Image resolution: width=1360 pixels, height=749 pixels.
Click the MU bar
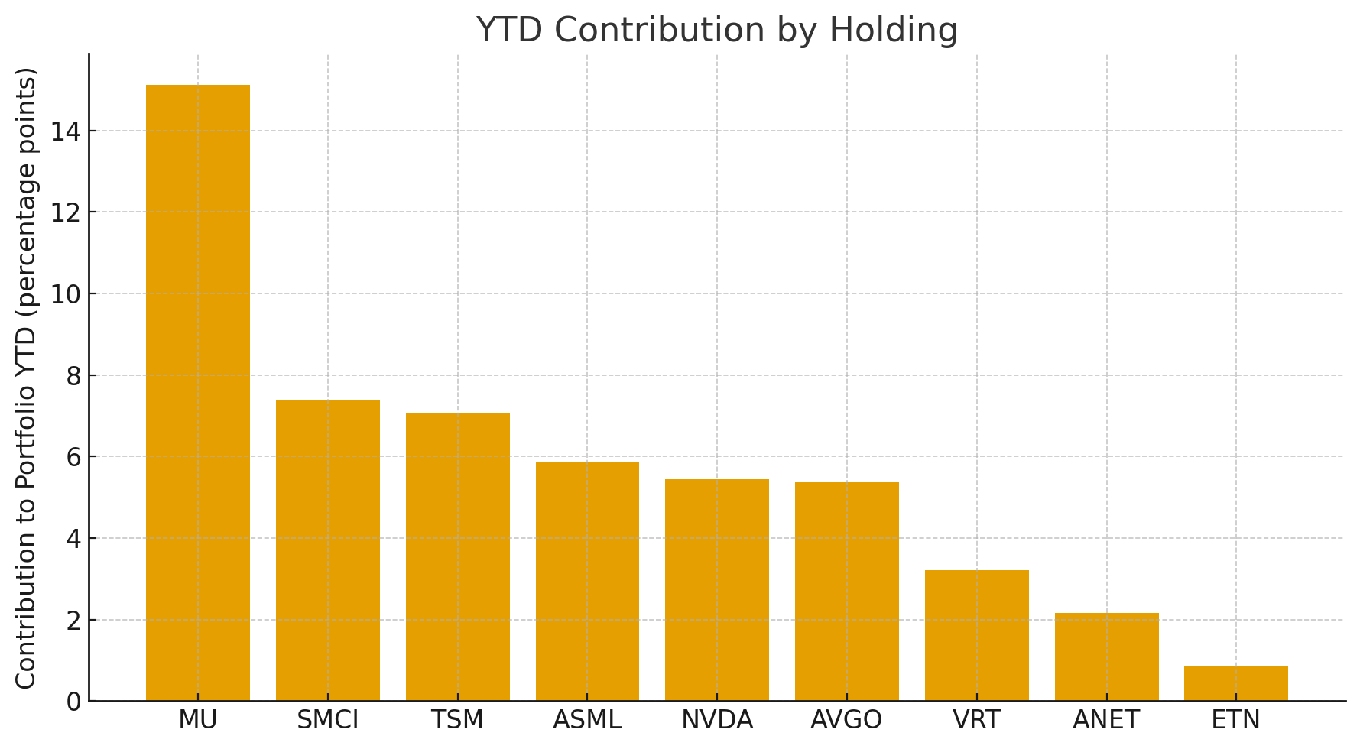pyautogui.click(x=198, y=393)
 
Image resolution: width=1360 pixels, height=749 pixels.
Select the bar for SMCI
pyautogui.click(x=328, y=550)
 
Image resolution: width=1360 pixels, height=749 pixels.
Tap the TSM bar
pyautogui.click(x=457, y=557)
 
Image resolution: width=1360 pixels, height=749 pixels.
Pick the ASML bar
pyautogui.click(x=587, y=582)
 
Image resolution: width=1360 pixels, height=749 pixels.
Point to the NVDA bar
pyautogui.click(x=717, y=590)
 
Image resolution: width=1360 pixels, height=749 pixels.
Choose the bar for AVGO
pyautogui.click(x=847, y=591)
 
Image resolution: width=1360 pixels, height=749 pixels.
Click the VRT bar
pyautogui.click(x=976, y=635)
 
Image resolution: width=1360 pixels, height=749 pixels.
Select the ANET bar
pyautogui.click(x=1106, y=657)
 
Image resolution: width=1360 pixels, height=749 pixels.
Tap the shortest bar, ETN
pyautogui.click(x=1236, y=683)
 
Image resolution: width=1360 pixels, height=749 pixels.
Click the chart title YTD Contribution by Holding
pyautogui.click(x=716, y=31)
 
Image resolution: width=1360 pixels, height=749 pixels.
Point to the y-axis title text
pyautogui.click(x=26, y=378)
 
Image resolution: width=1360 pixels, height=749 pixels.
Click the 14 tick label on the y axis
pyautogui.click(x=66, y=131)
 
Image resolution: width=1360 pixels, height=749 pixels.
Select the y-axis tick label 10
pyautogui.click(x=66, y=294)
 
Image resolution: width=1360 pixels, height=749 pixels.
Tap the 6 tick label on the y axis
pyautogui.click(x=74, y=457)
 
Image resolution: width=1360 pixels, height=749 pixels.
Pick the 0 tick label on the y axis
pyautogui.click(x=74, y=702)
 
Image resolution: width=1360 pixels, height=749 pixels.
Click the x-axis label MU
pyautogui.click(x=198, y=720)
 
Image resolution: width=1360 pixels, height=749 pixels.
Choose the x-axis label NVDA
pyautogui.click(x=717, y=720)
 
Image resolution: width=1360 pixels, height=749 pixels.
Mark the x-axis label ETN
pyautogui.click(x=1236, y=720)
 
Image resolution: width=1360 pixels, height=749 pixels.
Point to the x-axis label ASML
pyautogui.click(x=587, y=720)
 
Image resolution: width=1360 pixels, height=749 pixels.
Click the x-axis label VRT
pyautogui.click(x=976, y=720)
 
